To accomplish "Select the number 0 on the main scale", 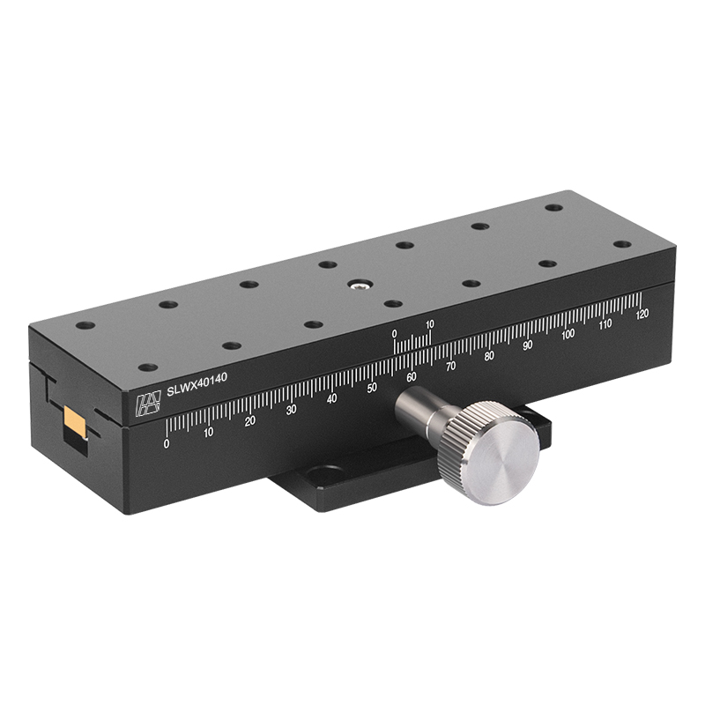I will [x=167, y=443].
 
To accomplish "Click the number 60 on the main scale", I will [x=412, y=377].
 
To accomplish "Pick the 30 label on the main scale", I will [x=291, y=410].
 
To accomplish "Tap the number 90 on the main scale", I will [x=528, y=345].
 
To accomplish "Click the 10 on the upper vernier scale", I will [x=429, y=324].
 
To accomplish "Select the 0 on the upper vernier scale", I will [x=394, y=333].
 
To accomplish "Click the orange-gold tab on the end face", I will [x=74, y=422].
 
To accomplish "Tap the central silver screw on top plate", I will [x=359, y=285].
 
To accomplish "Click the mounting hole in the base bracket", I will [x=324, y=476].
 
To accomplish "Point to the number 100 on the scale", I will [x=568, y=334].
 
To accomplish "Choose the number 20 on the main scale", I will [x=249, y=421].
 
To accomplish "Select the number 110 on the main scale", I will [x=605, y=323].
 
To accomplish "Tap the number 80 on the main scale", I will [x=489, y=355].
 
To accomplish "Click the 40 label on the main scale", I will [x=331, y=399].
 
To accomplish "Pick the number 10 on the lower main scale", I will [x=208, y=432].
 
